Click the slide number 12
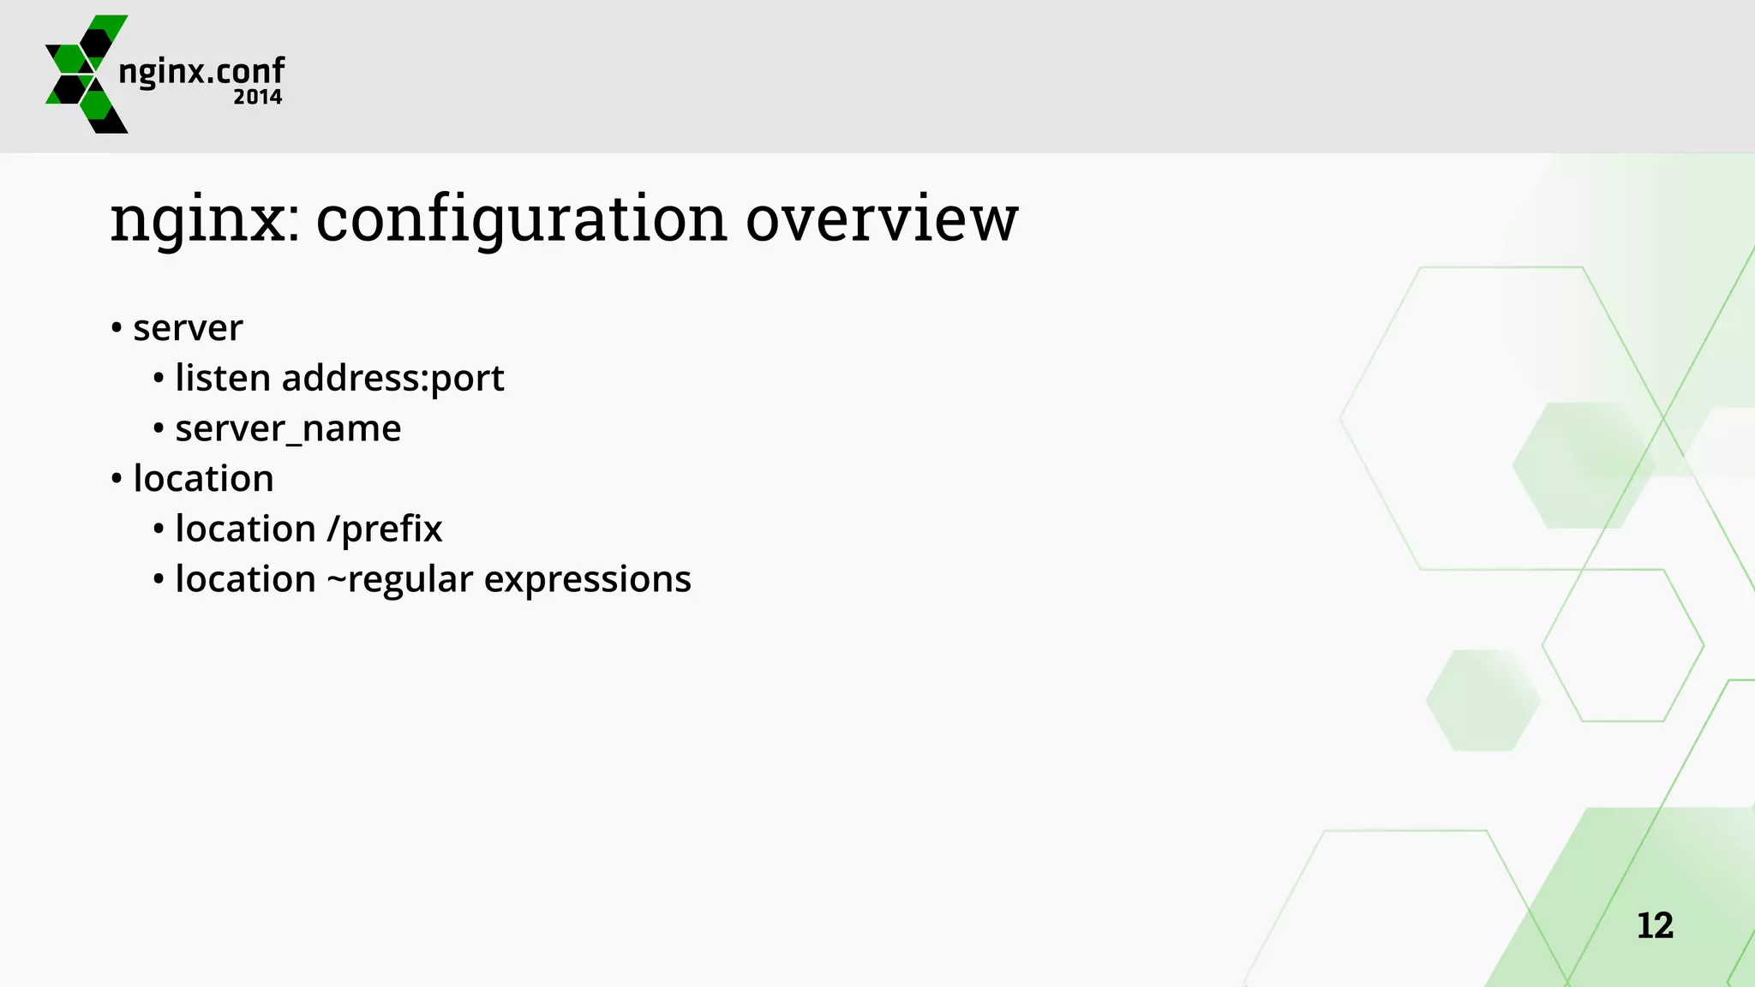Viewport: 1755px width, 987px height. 1655,925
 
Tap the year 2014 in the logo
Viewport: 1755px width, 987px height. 257,97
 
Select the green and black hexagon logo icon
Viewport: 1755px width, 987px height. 86,74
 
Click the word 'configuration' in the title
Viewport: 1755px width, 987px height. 522,219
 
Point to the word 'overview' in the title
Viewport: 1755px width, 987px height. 882,219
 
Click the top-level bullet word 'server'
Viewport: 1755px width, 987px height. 188,328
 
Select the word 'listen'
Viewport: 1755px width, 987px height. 223,378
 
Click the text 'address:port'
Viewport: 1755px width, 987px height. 392,379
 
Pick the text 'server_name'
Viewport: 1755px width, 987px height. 288,428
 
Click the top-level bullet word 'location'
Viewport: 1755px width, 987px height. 203,478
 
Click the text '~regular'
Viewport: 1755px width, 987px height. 400,580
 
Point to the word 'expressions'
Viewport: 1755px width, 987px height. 587,580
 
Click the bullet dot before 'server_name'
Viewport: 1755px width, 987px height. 159,428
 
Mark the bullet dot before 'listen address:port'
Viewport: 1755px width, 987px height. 159,379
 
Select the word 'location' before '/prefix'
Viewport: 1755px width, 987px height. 245,529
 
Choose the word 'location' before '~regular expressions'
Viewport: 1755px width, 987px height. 245,579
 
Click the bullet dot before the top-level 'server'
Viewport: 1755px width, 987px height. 117,328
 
